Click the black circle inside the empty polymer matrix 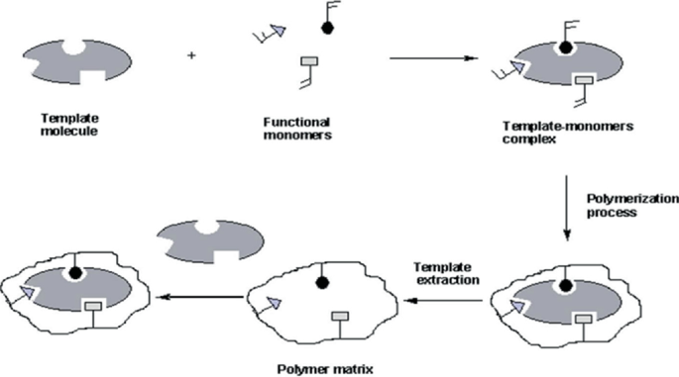pos(321,281)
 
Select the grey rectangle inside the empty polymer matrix pos(338,318)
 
